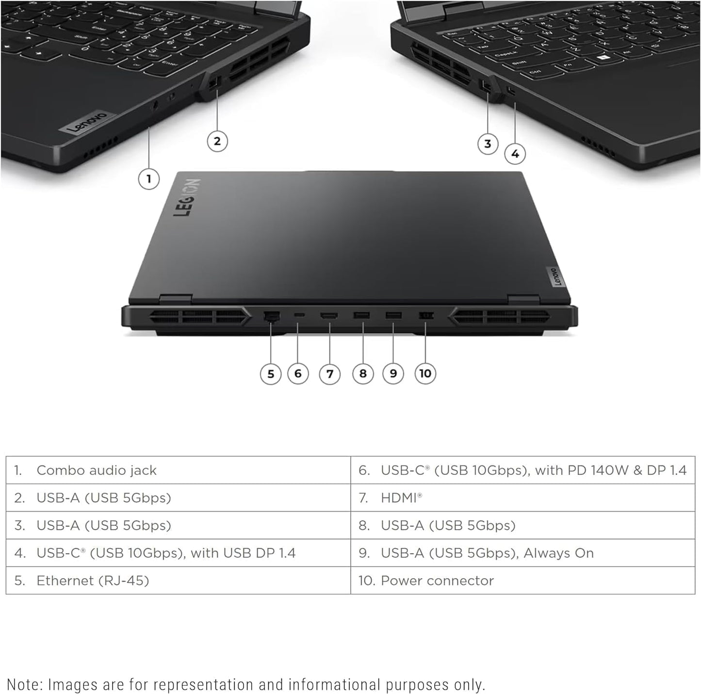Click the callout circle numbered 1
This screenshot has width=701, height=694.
pyautogui.click(x=148, y=179)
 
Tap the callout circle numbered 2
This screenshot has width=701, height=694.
pyautogui.click(x=217, y=141)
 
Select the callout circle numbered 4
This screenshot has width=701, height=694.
pyautogui.click(x=515, y=154)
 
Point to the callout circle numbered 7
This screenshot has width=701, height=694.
pyautogui.click(x=330, y=374)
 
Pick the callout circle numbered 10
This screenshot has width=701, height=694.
pyautogui.click(x=425, y=373)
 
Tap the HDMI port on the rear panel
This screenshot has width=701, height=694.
pyautogui.click(x=329, y=316)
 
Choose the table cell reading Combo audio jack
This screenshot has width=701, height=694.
pyautogui.click(x=97, y=470)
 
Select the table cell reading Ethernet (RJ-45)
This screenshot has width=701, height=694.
pyautogui.click(x=93, y=581)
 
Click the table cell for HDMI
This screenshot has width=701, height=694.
pyautogui.click(x=401, y=498)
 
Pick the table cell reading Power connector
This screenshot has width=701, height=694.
pyautogui.click(x=437, y=581)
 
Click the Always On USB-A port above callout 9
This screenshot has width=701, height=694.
pyautogui.click(x=393, y=316)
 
